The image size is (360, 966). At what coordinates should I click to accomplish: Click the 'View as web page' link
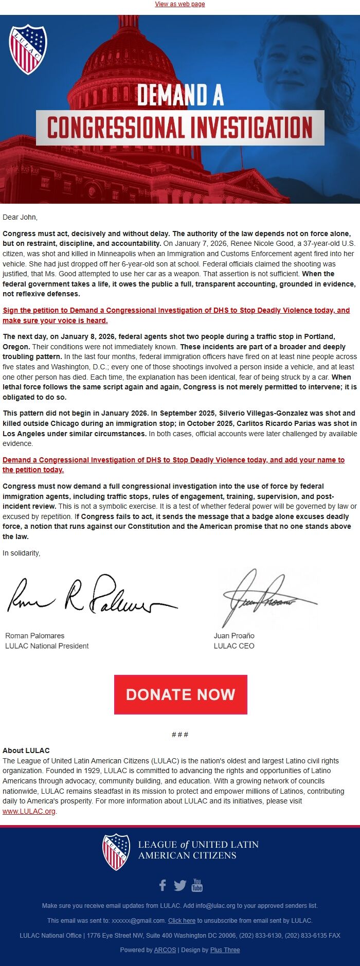click(x=180, y=4)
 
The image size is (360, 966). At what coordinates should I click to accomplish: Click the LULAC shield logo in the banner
click(x=28, y=50)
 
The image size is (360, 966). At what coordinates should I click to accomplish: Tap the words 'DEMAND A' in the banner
click(x=180, y=95)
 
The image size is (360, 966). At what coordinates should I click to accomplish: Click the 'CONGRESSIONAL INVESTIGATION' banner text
click(x=180, y=128)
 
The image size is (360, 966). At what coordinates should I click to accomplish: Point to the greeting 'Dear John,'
click(x=20, y=217)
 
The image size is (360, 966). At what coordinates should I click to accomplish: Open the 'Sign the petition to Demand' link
click(x=176, y=310)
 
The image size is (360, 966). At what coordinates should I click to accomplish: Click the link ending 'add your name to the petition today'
click(x=173, y=460)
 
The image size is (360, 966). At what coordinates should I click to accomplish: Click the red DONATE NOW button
click(x=181, y=694)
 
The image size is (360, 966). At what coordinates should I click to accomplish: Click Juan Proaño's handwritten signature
click(x=267, y=598)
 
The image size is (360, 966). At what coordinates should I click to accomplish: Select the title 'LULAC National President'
click(x=47, y=646)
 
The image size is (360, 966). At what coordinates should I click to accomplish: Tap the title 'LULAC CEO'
click(x=234, y=646)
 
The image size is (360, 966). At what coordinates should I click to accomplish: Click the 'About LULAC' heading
click(x=26, y=750)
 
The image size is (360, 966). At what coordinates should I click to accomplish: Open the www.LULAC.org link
click(x=29, y=811)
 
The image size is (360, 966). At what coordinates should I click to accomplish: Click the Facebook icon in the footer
click(x=163, y=885)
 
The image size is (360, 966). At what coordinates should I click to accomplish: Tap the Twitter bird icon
click(x=180, y=885)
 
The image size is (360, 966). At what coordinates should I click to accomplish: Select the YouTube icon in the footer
click(x=197, y=885)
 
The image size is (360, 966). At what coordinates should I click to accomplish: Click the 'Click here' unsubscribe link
click(x=182, y=921)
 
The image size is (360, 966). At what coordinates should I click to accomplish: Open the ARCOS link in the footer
click(x=165, y=950)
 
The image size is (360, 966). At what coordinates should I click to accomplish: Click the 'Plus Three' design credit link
click(x=225, y=950)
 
